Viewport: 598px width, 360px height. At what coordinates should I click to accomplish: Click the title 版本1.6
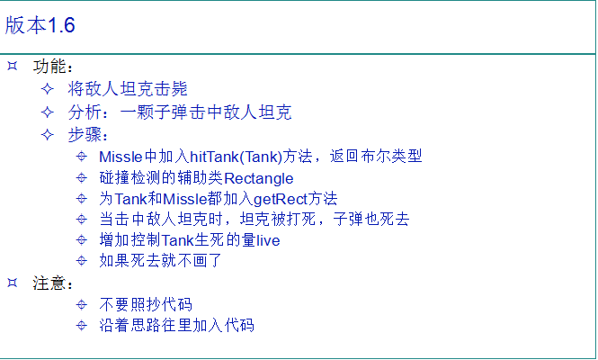tap(40, 25)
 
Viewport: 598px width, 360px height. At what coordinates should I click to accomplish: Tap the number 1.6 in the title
tap(61, 25)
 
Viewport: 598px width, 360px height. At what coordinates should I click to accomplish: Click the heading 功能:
tap(53, 67)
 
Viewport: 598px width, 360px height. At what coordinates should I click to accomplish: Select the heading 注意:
tap(53, 283)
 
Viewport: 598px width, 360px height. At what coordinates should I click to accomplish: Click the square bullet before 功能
tap(13, 66)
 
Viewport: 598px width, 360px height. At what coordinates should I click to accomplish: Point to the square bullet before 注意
tap(13, 283)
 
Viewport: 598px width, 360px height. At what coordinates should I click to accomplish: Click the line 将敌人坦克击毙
tap(128, 89)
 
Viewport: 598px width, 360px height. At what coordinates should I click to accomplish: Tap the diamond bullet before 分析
tap(48, 112)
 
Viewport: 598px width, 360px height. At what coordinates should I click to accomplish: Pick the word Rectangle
tap(259, 179)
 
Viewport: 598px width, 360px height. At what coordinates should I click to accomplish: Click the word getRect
tap(281, 199)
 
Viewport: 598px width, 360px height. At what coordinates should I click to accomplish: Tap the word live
tap(268, 240)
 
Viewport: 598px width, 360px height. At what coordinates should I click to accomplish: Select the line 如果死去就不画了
tap(160, 261)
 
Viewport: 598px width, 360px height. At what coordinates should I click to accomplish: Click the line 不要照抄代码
tap(146, 304)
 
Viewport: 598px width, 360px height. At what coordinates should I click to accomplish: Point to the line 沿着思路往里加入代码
tap(176, 325)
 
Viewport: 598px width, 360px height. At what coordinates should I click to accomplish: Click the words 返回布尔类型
tap(376, 156)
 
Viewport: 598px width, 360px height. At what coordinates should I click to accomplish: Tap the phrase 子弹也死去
tap(371, 220)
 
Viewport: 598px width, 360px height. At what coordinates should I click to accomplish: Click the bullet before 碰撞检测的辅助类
tap(81, 178)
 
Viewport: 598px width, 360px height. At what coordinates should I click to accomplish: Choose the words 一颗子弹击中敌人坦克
tap(206, 112)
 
